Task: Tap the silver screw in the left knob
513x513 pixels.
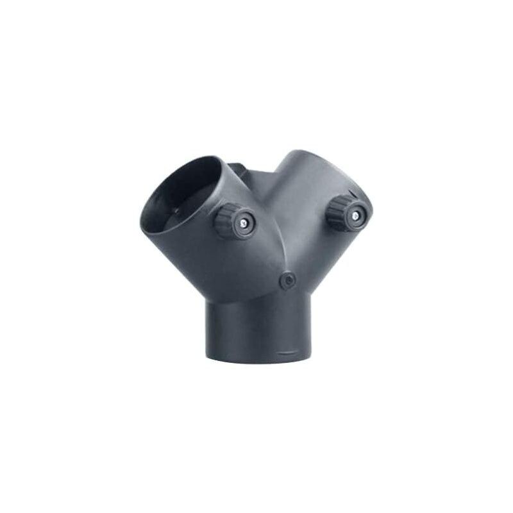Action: click(244, 222)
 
